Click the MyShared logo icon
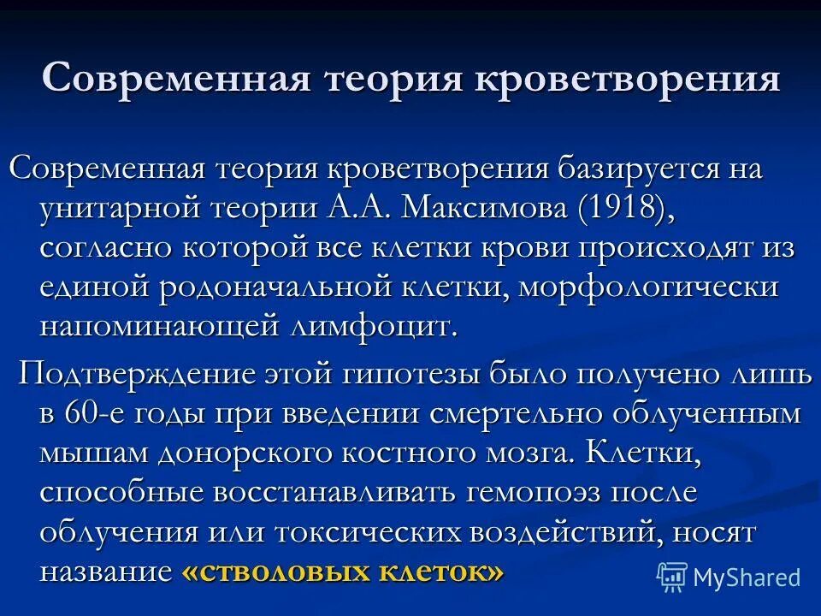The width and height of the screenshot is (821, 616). [x=672, y=577]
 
